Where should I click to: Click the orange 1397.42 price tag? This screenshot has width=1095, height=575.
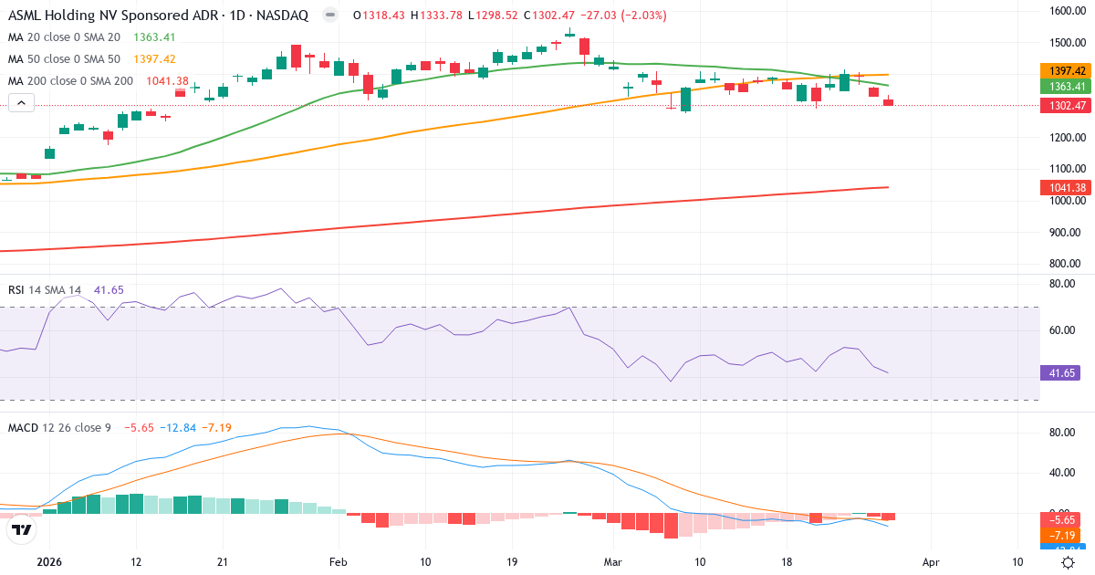(1067, 70)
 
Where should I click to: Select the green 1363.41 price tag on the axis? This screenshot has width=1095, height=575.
(1067, 86)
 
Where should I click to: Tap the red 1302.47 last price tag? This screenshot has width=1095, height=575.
(1067, 106)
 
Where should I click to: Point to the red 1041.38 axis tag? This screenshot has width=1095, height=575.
(1067, 188)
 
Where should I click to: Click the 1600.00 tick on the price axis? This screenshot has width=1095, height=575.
(1066, 11)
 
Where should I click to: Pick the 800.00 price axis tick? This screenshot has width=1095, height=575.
(1066, 264)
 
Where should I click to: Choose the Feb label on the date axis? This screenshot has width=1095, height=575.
(339, 563)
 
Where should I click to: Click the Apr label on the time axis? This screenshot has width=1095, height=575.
(930, 563)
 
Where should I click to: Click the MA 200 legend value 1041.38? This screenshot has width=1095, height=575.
(168, 81)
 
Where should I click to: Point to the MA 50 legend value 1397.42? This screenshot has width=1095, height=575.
(154, 59)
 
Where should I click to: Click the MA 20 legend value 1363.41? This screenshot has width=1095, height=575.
(154, 37)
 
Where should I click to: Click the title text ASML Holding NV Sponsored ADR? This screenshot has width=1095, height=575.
(100, 16)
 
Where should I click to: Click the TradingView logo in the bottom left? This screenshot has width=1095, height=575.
(22, 529)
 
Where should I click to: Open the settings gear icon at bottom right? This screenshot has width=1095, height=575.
(1068, 563)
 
